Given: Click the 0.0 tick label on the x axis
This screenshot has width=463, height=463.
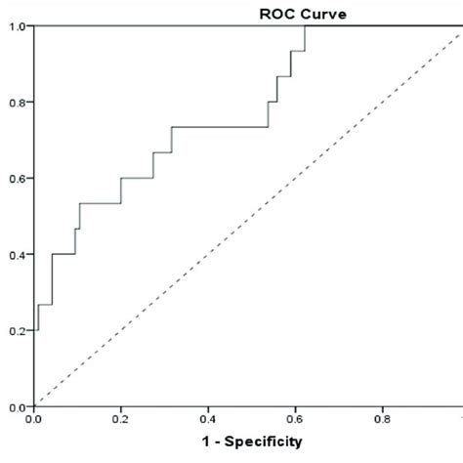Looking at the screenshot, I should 34,419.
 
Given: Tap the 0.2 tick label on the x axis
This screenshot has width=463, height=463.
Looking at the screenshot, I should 120,419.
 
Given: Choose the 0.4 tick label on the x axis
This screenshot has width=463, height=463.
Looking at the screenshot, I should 207,419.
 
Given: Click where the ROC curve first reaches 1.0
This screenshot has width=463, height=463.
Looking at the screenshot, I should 305,26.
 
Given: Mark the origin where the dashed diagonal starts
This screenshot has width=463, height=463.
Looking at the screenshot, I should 34,406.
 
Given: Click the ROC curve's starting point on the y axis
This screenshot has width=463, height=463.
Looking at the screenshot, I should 34,330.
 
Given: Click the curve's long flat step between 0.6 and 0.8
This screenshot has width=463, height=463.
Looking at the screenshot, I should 220,127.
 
